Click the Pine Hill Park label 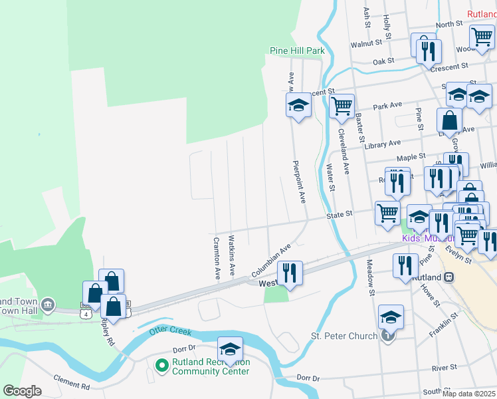pyautogui.click(x=297, y=51)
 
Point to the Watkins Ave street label pyautogui.click(x=231, y=255)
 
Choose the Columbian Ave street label pyautogui.click(x=271, y=260)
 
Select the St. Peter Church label pyautogui.click(x=344, y=336)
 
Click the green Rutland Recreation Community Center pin pyautogui.click(x=161, y=364)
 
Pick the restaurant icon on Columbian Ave pyautogui.click(x=290, y=271)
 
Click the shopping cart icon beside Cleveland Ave pyautogui.click(x=342, y=105)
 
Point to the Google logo pyautogui.click(x=22, y=391)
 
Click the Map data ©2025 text pyautogui.click(x=468, y=394)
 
